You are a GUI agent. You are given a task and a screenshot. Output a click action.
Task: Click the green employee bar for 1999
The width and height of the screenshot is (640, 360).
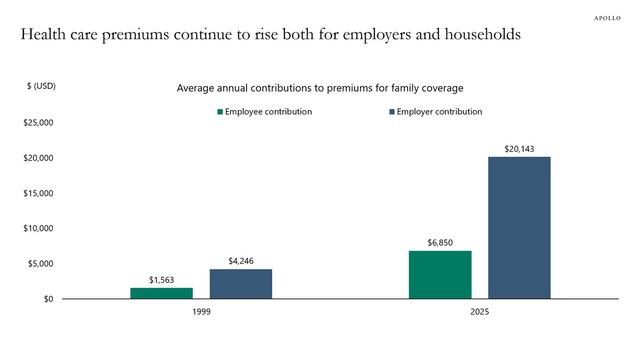click(x=161, y=293)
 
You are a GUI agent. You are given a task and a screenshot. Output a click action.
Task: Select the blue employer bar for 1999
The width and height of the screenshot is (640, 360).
click(x=240, y=284)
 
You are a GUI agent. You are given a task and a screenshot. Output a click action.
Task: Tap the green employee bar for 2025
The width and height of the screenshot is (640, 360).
click(x=440, y=275)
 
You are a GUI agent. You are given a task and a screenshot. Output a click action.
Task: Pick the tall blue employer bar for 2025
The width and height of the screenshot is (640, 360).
click(x=519, y=228)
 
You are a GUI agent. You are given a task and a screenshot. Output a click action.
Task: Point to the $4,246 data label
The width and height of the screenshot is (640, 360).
click(x=240, y=260)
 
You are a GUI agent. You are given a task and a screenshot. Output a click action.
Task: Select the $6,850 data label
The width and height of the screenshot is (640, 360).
click(x=440, y=242)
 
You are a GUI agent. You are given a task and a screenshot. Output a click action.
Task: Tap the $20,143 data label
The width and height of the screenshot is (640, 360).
click(x=519, y=148)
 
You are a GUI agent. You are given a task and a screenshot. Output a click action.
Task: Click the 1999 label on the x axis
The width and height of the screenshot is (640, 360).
click(x=200, y=313)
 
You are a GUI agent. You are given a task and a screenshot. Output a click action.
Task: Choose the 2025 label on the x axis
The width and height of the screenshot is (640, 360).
click(x=479, y=313)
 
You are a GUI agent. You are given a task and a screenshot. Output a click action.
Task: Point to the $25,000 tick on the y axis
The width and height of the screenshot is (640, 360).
click(x=38, y=123)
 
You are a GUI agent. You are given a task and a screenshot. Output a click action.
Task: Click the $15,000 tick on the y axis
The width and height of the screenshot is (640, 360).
click(x=38, y=193)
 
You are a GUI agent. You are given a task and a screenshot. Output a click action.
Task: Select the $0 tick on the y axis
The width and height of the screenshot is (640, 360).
click(x=47, y=299)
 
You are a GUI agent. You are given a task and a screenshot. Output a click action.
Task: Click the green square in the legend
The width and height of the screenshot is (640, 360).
click(x=218, y=112)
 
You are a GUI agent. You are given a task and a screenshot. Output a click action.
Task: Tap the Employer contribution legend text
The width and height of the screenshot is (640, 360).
click(x=439, y=112)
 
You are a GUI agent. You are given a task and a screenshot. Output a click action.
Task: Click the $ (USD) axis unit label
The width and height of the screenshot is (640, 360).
click(x=41, y=86)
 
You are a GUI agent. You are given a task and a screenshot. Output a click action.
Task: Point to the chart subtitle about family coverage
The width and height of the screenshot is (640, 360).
click(x=319, y=88)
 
